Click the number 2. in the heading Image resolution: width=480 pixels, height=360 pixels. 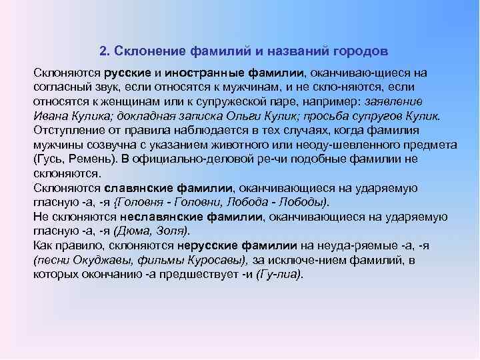click(x=104, y=51)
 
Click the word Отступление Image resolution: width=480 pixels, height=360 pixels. click(x=68, y=131)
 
